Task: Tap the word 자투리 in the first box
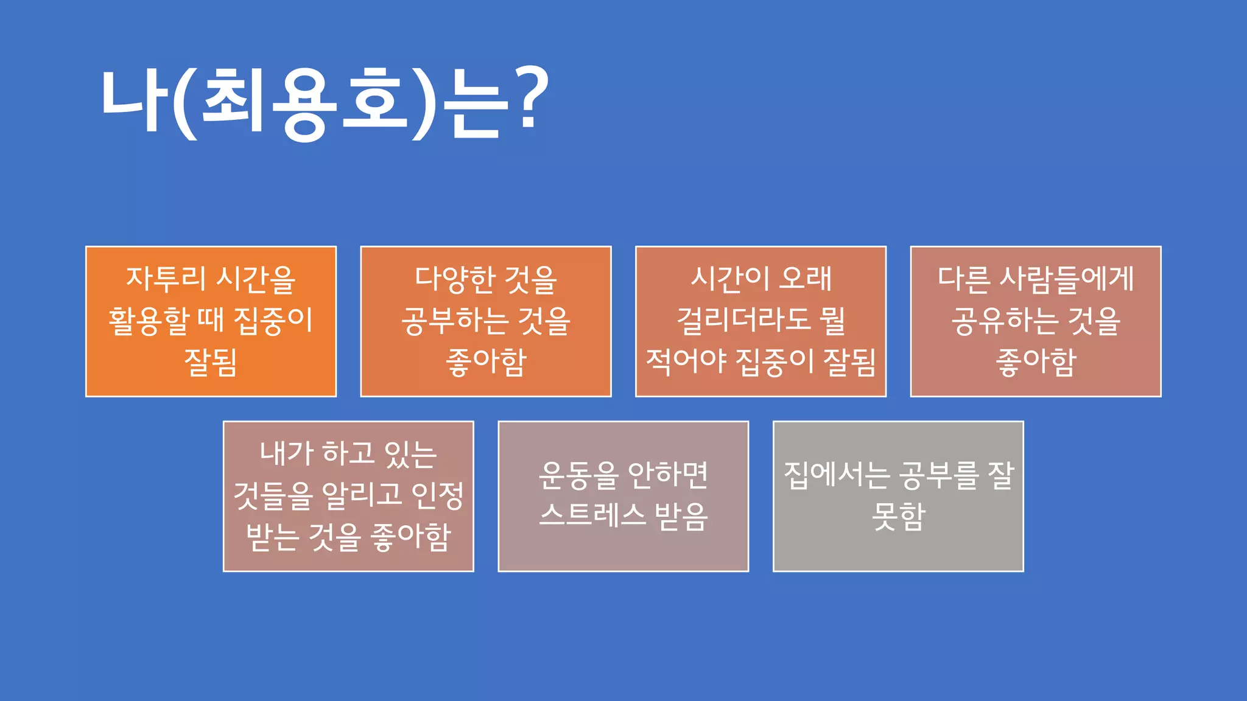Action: (x=166, y=278)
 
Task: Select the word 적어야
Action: (x=686, y=361)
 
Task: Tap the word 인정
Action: (x=437, y=495)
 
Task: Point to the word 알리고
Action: (x=362, y=495)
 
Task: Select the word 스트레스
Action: (x=592, y=515)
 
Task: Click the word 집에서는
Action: (x=837, y=475)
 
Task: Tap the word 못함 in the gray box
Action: (x=898, y=517)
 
